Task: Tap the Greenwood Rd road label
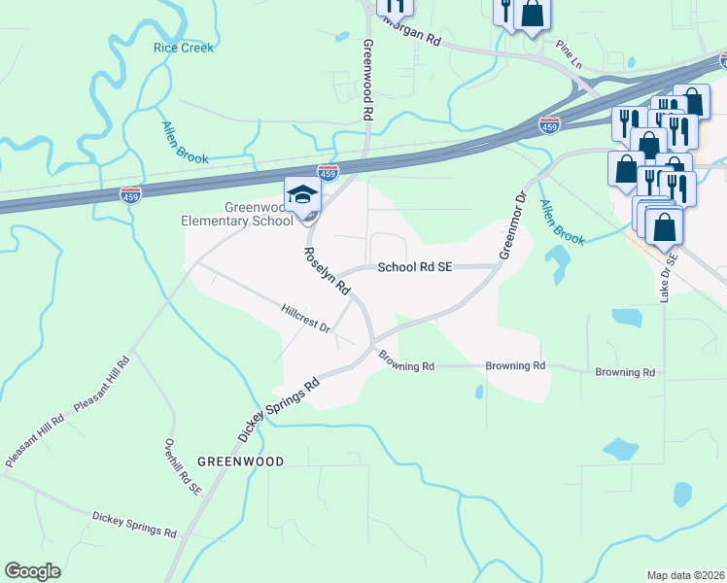[367, 80]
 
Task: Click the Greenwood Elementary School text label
[237, 214]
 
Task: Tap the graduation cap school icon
[302, 194]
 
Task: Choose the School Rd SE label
[415, 266]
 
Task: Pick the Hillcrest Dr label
[305, 320]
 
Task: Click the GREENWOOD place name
[240, 462]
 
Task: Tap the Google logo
[32, 570]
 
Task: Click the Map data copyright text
[685, 575]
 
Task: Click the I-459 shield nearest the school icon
[329, 172]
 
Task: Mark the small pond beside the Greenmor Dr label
[557, 262]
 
